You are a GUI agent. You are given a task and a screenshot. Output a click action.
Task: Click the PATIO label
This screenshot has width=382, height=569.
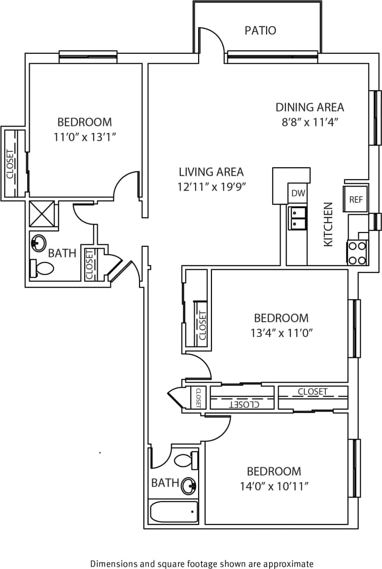tap(260, 31)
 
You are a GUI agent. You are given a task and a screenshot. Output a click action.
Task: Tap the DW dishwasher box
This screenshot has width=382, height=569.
tap(298, 193)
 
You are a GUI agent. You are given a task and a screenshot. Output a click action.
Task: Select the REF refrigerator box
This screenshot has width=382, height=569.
tap(355, 199)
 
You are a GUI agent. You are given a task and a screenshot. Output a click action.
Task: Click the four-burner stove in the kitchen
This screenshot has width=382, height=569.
tap(357, 252)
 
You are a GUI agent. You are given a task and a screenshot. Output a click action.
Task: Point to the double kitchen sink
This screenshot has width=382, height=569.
tap(297, 218)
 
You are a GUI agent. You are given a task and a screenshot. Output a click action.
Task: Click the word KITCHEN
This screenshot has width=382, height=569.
tap(328, 224)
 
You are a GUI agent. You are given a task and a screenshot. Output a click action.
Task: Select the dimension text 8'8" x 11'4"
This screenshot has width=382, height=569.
tap(309, 122)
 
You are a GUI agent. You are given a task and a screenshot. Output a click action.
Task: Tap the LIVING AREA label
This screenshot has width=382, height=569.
tap(211, 172)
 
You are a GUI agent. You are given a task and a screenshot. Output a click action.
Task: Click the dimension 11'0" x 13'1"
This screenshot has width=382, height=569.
tap(84, 137)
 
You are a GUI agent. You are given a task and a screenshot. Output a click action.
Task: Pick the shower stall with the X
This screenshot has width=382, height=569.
tap(44, 214)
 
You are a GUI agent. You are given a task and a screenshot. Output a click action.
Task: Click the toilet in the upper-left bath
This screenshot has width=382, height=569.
tap(41, 268)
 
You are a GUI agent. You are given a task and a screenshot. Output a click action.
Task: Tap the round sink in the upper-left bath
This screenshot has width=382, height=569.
tap(38, 242)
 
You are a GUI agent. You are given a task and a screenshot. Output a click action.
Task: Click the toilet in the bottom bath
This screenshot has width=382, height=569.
tap(186, 460)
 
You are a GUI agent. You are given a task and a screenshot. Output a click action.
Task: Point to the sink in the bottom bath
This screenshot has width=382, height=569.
tap(189, 486)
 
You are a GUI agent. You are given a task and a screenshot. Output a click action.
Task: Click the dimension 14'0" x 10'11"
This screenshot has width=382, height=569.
tap(274, 487)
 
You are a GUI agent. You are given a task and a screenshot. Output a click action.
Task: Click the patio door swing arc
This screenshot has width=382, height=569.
tap(213, 37)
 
